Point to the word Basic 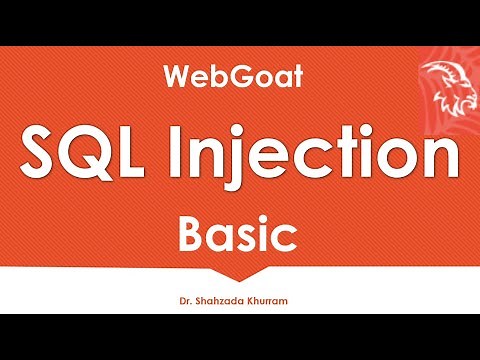[x=239, y=236]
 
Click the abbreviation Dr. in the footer [x=183, y=299]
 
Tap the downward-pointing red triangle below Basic [x=240, y=271]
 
